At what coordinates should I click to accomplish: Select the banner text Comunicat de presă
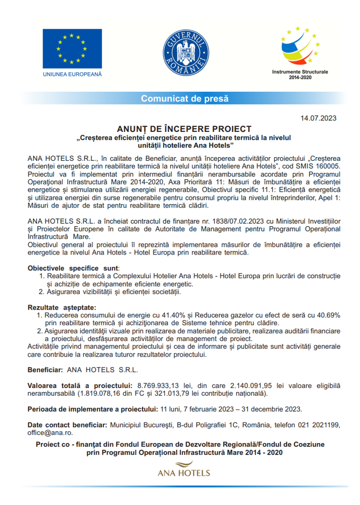pyautogui.click(x=184, y=98)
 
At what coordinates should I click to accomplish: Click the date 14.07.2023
pyautogui.click(x=318, y=118)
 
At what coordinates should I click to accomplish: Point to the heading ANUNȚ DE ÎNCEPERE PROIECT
pyautogui.click(x=184, y=128)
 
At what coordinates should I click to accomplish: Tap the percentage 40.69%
pyautogui.click(x=326, y=314)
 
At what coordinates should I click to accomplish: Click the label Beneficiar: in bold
pyautogui.click(x=45, y=369)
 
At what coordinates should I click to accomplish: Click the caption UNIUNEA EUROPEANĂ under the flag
pyautogui.click(x=72, y=74)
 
